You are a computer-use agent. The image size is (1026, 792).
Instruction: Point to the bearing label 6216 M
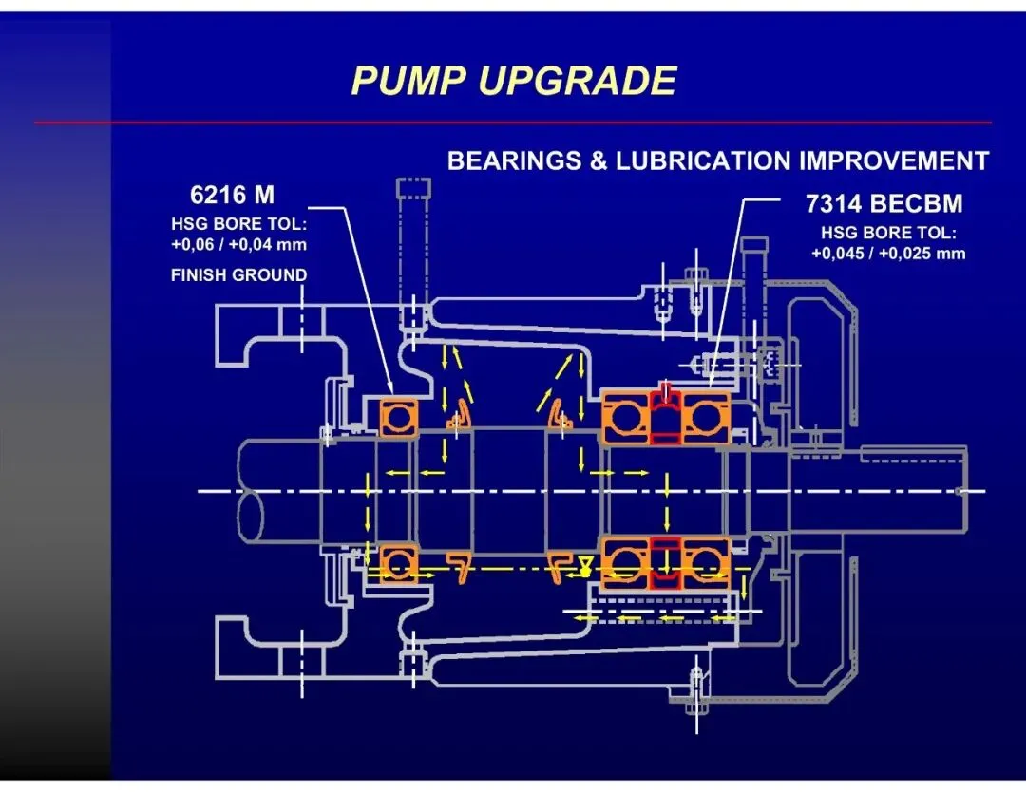pos(232,196)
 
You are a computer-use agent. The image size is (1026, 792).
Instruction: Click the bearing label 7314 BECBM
pos(883,203)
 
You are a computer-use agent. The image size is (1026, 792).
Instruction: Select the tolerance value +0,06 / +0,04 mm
pos(239,245)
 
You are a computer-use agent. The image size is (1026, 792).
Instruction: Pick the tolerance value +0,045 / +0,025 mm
pos(888,253)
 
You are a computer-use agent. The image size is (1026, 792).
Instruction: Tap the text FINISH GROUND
pos(238,275)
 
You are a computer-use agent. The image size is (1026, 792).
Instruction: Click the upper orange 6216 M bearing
pos(399,416)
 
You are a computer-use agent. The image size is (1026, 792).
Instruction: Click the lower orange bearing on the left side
pos(398,563)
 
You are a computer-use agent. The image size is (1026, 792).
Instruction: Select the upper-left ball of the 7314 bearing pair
pos(625,419)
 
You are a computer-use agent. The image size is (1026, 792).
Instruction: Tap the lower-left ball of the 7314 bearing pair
pos(625,563)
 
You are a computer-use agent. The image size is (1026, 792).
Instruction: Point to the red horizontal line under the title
pos(513,123)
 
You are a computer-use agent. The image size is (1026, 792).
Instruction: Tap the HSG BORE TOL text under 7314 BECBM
pos(888,233)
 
